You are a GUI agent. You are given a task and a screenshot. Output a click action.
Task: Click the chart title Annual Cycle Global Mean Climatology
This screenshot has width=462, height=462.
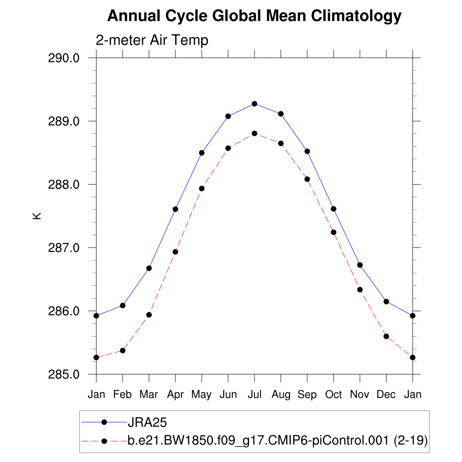[x=254, y=16]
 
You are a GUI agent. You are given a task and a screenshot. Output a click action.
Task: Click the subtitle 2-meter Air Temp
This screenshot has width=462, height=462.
[x=152, y=40]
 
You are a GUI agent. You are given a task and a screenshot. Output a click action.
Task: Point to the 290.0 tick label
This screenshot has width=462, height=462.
[x=64, y=58]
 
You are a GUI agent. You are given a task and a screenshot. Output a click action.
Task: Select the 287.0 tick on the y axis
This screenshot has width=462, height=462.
[x=64, y=248]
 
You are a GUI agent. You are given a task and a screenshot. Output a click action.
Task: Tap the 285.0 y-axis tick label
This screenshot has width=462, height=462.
[x=64, y=374]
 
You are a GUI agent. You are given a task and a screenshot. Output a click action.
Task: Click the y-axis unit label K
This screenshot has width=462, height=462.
[x=37, y=216]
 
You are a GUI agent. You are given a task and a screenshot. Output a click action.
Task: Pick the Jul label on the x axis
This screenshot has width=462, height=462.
[x=254, y=395]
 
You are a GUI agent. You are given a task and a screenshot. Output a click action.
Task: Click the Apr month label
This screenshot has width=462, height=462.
[x=175, y=395]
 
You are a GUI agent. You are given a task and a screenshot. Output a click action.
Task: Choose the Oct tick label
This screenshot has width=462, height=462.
[x=333, y=395]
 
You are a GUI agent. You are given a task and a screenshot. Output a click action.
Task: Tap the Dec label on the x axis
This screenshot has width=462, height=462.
[x=386, y=395]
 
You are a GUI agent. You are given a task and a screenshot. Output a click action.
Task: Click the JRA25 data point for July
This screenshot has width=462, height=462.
[x=254, y=104]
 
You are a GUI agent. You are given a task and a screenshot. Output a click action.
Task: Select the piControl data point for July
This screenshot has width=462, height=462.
[x=254, y=134]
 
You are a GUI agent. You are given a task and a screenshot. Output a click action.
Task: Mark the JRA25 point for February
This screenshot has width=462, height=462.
[x=122, y=305]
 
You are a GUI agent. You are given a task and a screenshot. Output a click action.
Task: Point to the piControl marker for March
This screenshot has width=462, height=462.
[x=149, y=315]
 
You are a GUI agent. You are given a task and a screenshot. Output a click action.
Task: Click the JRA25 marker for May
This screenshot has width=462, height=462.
[x=202, y=153]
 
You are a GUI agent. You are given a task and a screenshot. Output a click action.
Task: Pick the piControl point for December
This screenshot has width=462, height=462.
[x=386, y=336]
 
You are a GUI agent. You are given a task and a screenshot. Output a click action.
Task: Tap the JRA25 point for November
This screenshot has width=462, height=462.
[x=360, y=265]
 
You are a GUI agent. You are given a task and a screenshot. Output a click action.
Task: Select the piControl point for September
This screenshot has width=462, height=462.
[x=307, y=179]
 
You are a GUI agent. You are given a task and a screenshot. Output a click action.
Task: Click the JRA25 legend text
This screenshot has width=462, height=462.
[x=148, y=423]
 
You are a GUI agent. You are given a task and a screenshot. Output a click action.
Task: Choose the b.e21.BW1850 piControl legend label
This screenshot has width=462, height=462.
[x=277, y=441]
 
